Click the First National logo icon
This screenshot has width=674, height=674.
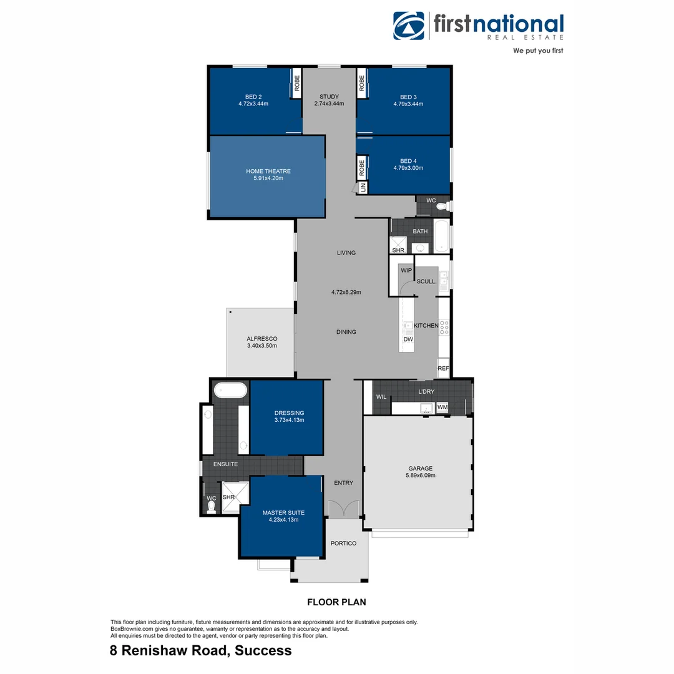tap(408, 26)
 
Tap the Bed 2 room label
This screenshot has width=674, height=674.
tap(253, 97)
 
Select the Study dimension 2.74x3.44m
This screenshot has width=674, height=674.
tap(329, 104)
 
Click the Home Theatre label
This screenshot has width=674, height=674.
tap(268, 172)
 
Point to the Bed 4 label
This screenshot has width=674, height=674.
tap(408, 161)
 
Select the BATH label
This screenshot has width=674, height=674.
tap(420, 232)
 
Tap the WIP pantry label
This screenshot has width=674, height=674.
tap(406, 270)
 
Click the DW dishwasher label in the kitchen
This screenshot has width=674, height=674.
tap(408, 339)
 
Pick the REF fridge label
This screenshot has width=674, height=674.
tap(443, 369)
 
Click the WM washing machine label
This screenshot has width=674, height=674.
tap(442, 408)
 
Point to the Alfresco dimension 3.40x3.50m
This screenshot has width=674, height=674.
tap(261, 346)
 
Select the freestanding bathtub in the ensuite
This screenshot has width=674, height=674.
tap(230, 391)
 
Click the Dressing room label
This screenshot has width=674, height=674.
tap(289, 413)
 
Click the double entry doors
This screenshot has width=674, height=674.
tap(343, 509)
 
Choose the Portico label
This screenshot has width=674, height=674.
tap(343, 544)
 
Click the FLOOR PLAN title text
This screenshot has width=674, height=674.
tap(336, 602)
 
